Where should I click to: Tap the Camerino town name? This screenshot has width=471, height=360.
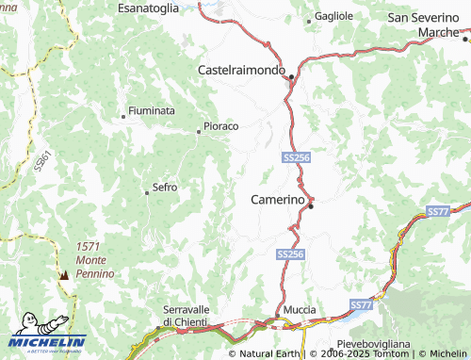pyautogui.click(x=278, y=200)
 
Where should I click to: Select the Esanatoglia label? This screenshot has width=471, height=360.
pyautogui.click(x=148, y=8)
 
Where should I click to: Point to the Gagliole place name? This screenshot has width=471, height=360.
pyautogui.click(x=333, y=16)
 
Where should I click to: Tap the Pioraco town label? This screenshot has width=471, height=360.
pyautogui.click(x=221, y=126)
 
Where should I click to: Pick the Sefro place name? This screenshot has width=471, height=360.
pyautogui.click(x=165, y=188)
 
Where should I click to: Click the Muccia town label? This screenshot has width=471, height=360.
pyautogui.click(x=300, y=310)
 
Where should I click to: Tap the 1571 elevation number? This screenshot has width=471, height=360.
pyautogui.click(x=89, y=247)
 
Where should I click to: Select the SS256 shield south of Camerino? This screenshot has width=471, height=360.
pyautogui.click(x=291, y=254)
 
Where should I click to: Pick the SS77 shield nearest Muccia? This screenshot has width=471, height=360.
pyautogui.click(x=362, y=305)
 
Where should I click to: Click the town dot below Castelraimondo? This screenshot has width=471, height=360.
pyautogui.click(x=292, y=76)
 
